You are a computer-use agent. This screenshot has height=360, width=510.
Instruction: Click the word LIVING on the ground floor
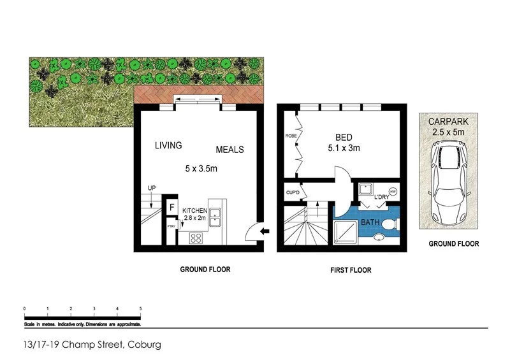click(168, 145)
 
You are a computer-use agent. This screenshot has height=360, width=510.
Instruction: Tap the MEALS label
click(229, 150)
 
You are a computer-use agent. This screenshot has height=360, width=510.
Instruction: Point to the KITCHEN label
click(195, 210)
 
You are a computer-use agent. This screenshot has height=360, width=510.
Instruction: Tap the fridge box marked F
click(171, 207)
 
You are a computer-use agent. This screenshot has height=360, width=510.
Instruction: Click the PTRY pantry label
click(171, 226)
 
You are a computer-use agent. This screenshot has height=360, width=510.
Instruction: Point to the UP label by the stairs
click(152, 188)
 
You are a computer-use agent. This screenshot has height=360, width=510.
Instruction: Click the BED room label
click(346, 138)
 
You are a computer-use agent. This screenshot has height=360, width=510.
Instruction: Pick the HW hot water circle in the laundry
click(393, 190)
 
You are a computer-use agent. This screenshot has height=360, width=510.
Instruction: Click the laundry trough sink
click(366, 190)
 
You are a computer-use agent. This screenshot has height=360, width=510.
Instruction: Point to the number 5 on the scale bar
click(140, 308)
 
